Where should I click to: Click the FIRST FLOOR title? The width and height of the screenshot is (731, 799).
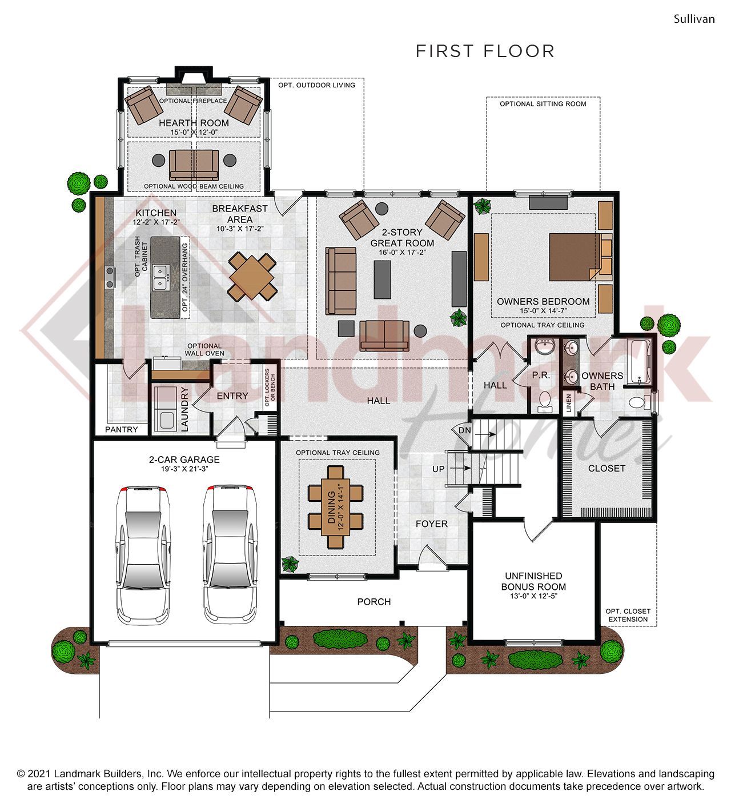pyautogui.click(x=485, y=51)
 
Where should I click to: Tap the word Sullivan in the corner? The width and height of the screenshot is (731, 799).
pyautogui.click(x=694, y=19)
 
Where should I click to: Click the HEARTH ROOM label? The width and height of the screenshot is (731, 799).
pyautogui.click(x=194, y=123)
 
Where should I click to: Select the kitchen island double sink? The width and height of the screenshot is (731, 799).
pyautogui.click(x=160, y=275)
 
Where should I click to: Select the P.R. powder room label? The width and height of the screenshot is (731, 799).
pyautogui.click(x=540, y=375)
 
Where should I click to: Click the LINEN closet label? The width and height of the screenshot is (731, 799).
pyautogui.click(x=569, y=402)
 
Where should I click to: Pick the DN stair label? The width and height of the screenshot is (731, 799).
pyautogui.click(x=465, y=430)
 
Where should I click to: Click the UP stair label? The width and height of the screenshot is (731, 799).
pyautogui.click(x=438, y=469)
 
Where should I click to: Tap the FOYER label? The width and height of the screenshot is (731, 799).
pyautogui.click(x=431, y=524)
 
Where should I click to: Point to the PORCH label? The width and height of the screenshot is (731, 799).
pyautogui.click(x=374, y=602)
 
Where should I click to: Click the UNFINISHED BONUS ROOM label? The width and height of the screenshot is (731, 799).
pyautogui.click(x=533, y=581)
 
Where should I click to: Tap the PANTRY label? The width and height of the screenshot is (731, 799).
pyautogui.click(x=122, y=430)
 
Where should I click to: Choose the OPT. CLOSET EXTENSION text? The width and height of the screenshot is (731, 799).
pyautogui.click(x=628, y=615)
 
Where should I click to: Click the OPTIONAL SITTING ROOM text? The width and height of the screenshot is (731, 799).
pyautogui.click(x=543, y=104)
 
